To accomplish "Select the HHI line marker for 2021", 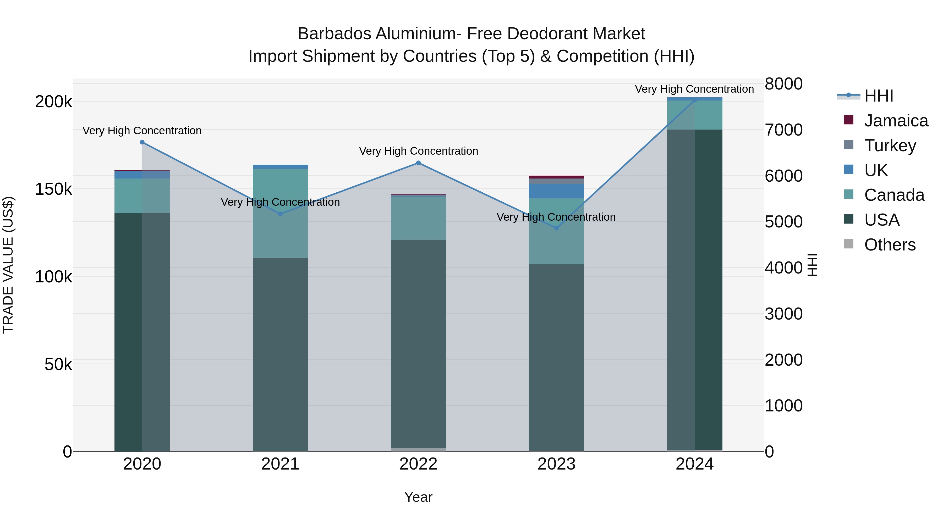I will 280,214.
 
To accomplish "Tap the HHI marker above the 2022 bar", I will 418,163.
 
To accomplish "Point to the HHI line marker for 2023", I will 556,228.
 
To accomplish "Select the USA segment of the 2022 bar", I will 418,344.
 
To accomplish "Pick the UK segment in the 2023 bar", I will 556,191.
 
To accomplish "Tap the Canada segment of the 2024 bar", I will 694,115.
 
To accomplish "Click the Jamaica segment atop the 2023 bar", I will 556,177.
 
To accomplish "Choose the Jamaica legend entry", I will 896,121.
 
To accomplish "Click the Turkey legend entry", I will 890,146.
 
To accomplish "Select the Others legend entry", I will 890,245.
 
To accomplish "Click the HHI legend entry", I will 879,96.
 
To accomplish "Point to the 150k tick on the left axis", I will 53,189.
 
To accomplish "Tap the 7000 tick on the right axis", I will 783,130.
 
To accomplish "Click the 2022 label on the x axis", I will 418,464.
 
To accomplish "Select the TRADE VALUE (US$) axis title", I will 8,265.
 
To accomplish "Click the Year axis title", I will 418,497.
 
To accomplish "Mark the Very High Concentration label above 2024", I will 694,89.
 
